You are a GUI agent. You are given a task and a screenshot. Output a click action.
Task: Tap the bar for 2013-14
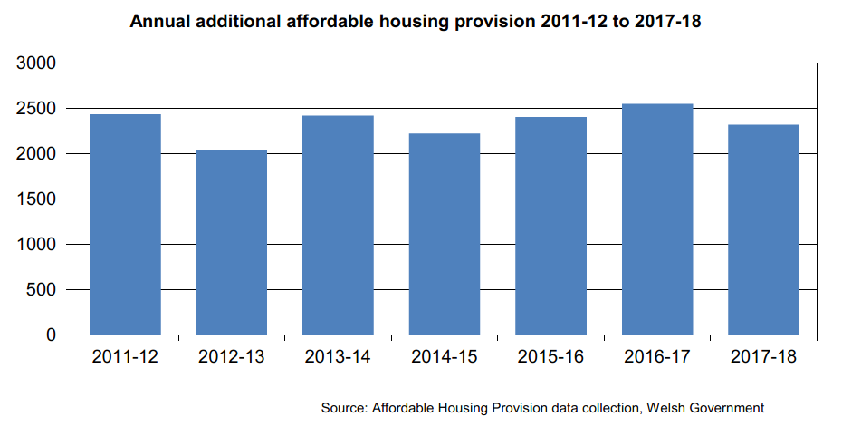(x=339, y=226)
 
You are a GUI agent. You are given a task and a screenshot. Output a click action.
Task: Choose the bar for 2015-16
(x=551, y=226)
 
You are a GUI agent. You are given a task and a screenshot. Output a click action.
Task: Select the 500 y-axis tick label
(x=43, y=290)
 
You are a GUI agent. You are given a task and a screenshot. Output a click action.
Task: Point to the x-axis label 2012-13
(x=232, y=357)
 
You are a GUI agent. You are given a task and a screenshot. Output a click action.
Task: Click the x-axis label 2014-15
(x=445, y=357)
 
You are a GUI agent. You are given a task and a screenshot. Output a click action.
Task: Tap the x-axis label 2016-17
(x=658, y=357)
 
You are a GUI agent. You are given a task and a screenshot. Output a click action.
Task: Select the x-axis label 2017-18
(x=764, y=357)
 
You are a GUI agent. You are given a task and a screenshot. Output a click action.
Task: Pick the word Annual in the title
(x=159, y=21)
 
